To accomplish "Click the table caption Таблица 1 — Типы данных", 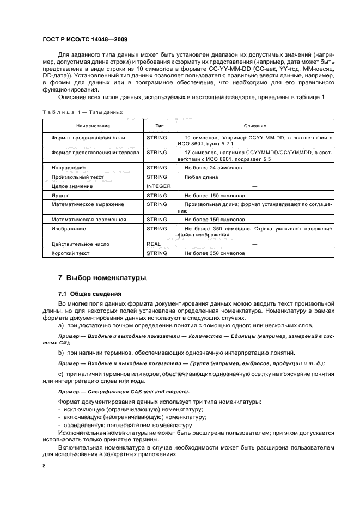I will click(82, 112).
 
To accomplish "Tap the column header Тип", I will click(159, 125).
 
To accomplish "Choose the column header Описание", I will click(254, 125).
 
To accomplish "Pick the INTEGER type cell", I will click(158, 186).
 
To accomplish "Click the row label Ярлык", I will click(59, 195).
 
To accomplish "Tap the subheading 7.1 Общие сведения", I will click(89, 294).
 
